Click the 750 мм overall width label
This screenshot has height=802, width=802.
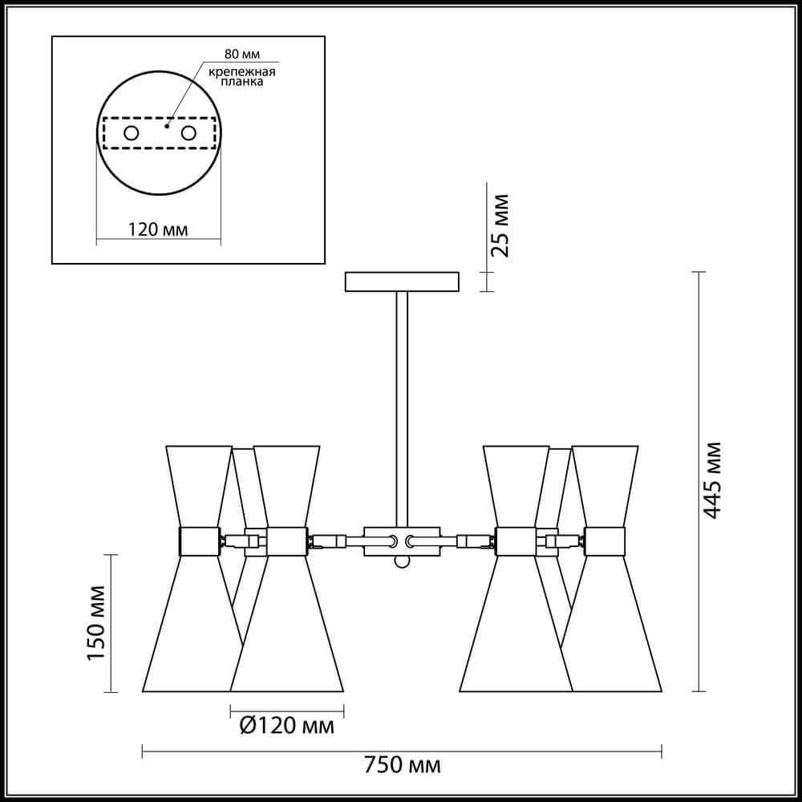coord(402,766)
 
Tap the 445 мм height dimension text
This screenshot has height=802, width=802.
coord(711,480)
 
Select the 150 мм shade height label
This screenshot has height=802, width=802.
coord(96,623)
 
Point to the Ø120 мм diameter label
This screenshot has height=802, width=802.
coord(287,725)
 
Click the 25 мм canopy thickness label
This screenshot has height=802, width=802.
coord(500,225)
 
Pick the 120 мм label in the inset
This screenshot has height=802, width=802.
coord(157,229)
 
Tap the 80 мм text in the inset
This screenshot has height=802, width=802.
coord(242,55)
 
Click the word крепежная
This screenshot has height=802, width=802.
coord(242,71)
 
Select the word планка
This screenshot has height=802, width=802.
coord(242,82)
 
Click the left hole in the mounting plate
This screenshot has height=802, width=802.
coord(131,133)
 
